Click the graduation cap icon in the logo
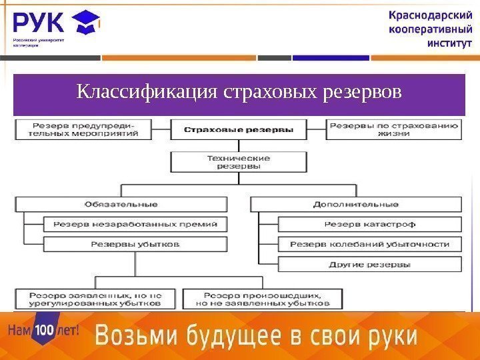tap(87, 23)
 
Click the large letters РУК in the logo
tap(39, 23)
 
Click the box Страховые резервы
tap(239, 129)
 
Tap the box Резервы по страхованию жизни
tap(393, 129)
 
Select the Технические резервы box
tap(239, 162)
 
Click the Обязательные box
tap(121, 203)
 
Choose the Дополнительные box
tap(355, 203)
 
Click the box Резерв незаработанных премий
tap(135, 224)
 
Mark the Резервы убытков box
tap(135, 244)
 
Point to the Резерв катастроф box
tap(369, 224)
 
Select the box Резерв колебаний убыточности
tap(369, 244)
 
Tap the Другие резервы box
tap(369, 264)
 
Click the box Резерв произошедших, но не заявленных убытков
tap(262, 298)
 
